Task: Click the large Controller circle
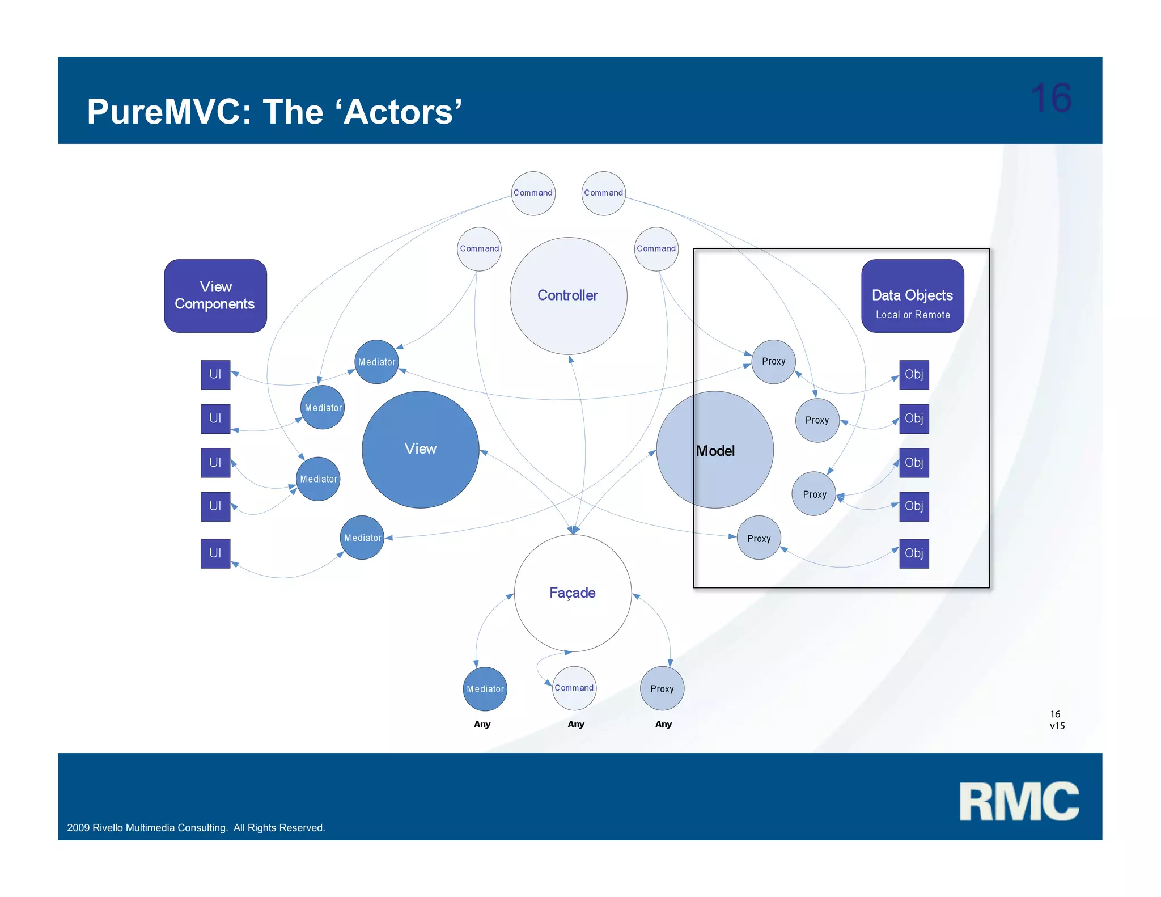point(568,296)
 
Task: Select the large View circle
point(420,449)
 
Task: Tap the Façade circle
point(573,593)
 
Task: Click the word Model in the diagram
point(715,451)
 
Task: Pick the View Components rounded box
point(215,296)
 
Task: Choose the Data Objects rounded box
point(912,296)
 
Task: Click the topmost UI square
point(215,375)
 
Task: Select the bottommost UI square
point(215,553)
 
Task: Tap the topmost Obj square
point(914,375)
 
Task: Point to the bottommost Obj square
point(914,553)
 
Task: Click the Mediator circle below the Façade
point(485,689)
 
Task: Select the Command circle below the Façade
point(574,688)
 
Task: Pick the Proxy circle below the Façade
point(662,689)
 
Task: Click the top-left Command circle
point(533,193)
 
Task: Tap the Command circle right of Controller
point(656,249)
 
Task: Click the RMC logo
point(1019,801)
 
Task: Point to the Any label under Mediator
point(482,724)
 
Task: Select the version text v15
point(1057,726)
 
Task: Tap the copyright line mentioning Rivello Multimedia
point(196,828)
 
